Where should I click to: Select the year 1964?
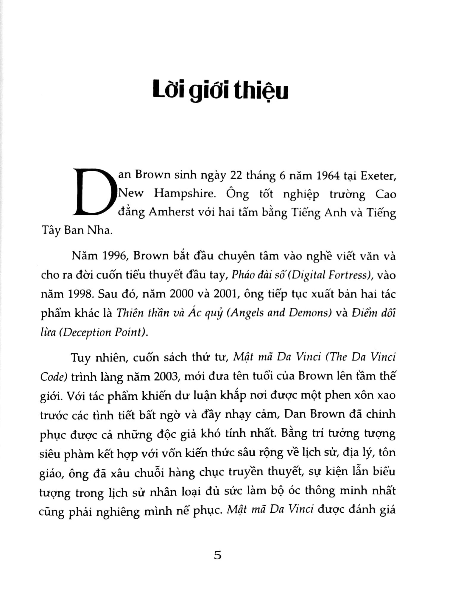click(328, 175)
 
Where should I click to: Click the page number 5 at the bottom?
click(218, 555)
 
